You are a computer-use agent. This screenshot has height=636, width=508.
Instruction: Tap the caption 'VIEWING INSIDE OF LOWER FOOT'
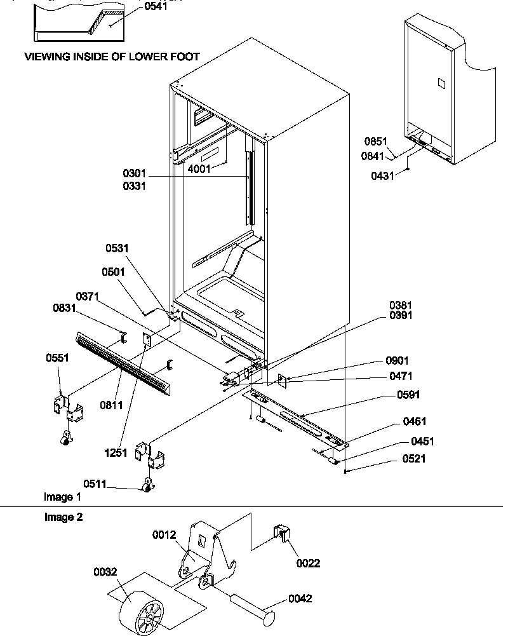tap(112, 57)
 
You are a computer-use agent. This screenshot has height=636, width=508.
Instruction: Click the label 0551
tap(58, 358)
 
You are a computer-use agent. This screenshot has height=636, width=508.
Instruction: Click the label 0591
tap(407, 395)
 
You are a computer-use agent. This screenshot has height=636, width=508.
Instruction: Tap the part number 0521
tap(413, 459)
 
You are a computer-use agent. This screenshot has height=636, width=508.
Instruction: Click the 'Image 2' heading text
tap(63, 517)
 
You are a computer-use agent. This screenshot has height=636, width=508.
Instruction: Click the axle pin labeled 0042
tap(248, 608)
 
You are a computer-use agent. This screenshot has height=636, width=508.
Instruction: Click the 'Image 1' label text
tap(62, 496)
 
